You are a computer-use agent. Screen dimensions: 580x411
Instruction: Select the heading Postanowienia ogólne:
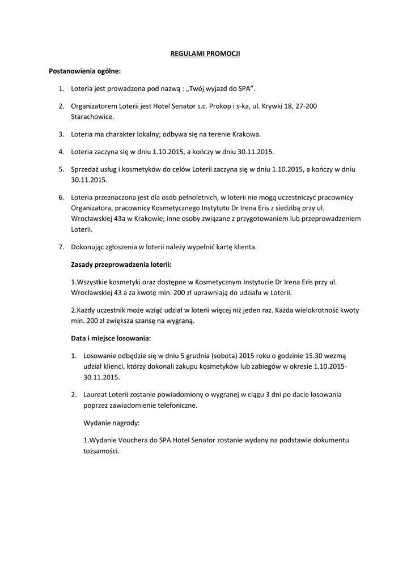tap(85, 71)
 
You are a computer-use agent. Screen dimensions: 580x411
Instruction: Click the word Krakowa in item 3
tap(244, 134)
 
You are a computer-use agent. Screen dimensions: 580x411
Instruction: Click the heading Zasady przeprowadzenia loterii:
tap(121, 265)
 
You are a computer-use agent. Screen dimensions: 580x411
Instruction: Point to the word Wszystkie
tap(91, 282)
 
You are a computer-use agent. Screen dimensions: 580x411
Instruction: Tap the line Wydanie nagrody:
tap(107, 423)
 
